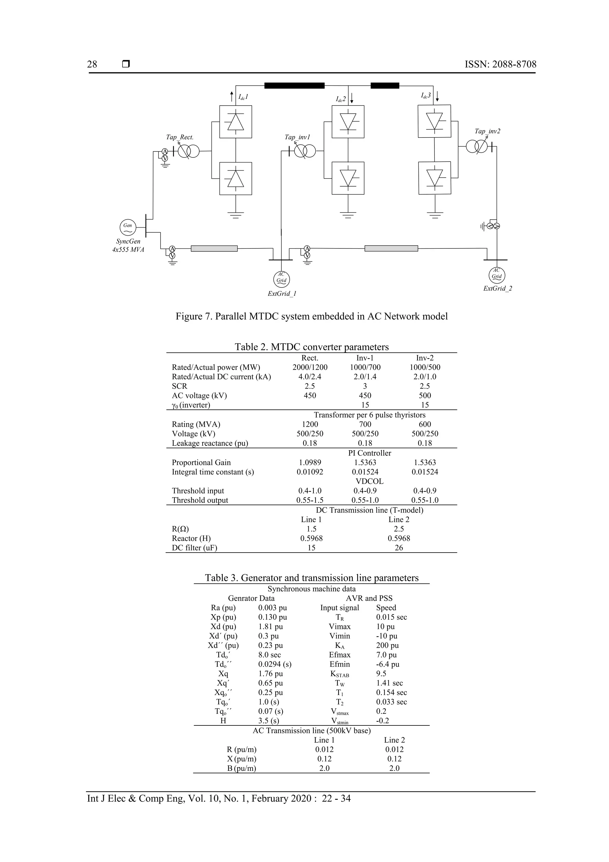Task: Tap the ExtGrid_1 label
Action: [282, 294]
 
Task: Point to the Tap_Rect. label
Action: [180, 137]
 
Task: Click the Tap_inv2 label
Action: [487, 132]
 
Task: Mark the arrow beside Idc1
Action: [232, 96]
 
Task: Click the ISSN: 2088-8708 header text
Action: [500, 64]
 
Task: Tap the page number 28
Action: [92, 64]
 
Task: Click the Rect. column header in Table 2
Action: [310, 358]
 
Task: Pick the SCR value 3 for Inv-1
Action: [365, 386]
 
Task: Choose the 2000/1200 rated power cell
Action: [310, 367]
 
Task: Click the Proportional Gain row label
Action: [201, 462]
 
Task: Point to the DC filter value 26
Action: [398, 548]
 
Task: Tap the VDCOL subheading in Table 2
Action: [369, 481]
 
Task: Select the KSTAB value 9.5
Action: [381, 674]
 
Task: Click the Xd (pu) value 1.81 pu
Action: [271, 627]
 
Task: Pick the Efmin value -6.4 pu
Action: [388, 664]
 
